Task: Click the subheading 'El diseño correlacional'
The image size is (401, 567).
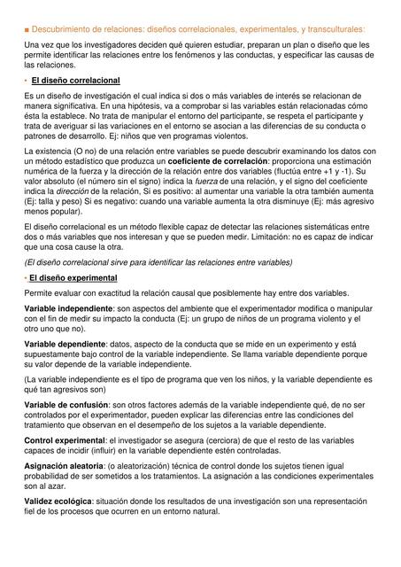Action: (75, 81)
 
